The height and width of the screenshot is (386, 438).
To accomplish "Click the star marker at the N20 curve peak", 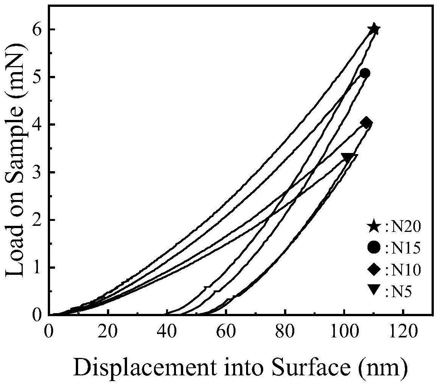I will [374, 29].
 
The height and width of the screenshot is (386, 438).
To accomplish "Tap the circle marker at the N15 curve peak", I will [365, 73].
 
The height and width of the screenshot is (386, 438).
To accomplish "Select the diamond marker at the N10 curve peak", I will [366, 123].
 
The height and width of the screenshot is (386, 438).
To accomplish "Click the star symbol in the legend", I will [374, 227].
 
